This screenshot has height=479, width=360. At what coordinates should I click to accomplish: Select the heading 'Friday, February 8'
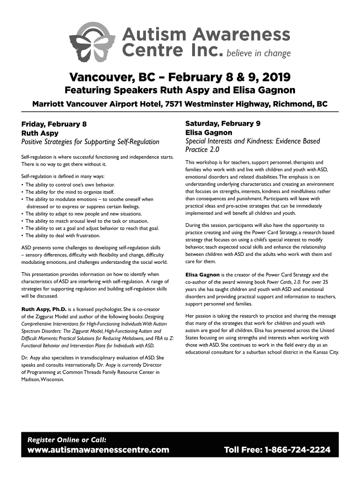(x=54, y=124)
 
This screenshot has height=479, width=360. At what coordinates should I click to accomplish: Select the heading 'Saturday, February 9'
(x=223, y=123)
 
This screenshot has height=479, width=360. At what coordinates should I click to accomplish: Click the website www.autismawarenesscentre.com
(x=98, y=450)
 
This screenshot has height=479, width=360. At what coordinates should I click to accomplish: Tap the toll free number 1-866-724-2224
(x=277, y=450)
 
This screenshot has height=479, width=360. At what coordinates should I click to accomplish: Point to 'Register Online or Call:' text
(x=67, y=439)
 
